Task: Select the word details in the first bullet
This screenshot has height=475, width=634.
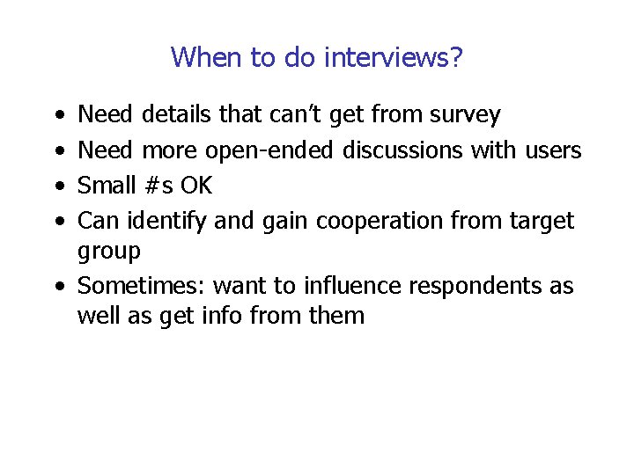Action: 176,114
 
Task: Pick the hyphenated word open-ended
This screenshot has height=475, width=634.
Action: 269,150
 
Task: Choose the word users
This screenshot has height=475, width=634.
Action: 552,150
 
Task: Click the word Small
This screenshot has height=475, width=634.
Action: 107,186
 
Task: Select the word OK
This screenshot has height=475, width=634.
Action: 196,186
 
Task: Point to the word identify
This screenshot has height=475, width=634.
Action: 168,221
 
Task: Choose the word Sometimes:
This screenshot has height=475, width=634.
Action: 142,286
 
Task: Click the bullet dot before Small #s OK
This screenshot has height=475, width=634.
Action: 57,186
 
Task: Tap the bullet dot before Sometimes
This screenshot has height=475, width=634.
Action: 57,287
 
